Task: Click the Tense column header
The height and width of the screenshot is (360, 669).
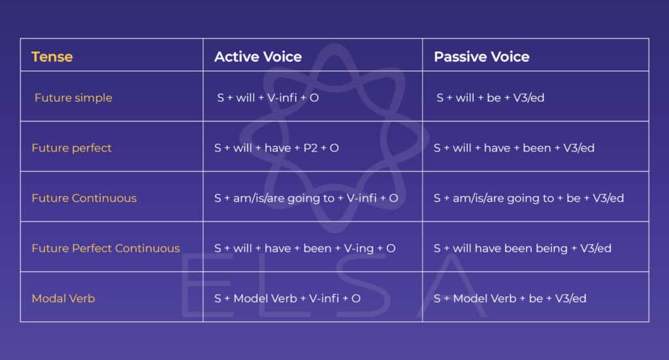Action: tap(52, 57)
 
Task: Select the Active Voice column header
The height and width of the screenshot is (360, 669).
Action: tap(258, 57)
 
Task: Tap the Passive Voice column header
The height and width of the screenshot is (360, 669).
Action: tap(481, 57)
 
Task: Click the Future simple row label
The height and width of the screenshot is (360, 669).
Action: tap(73, 98)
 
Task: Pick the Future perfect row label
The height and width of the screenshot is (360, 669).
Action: tap(72, 148)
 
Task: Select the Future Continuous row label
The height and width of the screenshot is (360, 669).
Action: tap(84, 198)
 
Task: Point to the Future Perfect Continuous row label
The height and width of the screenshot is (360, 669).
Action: tap(106, 248)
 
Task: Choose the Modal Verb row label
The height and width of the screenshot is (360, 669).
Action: tap(63, 299)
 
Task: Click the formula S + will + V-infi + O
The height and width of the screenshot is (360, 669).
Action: tap(268, 98)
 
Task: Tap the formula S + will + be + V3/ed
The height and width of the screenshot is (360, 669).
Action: tap(490, 98)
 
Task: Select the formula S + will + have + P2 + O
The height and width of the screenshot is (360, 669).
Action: tap(276, 148)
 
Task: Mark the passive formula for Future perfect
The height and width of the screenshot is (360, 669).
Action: tap(514, 148)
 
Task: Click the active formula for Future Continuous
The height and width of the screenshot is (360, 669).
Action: tap(306, 198)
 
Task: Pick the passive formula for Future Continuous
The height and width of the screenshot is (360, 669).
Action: tap(529, 198)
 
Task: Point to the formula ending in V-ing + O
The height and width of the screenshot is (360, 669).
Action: tap(305, 248)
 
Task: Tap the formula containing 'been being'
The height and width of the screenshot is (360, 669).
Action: tap(523, 248)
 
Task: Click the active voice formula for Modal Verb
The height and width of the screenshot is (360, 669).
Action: tap(287, 299)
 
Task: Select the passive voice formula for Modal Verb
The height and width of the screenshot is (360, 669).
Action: tap(510, 299)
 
